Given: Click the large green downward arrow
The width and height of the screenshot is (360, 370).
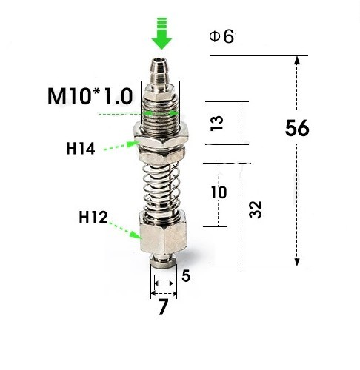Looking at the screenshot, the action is [161, 33].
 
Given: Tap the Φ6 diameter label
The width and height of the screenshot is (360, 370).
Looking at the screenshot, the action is [221, 37].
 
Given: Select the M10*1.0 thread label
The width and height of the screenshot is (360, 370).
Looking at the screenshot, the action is [90, 96].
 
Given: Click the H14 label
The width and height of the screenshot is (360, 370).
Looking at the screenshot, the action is [81, 149].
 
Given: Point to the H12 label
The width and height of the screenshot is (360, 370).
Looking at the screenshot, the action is [93, 217].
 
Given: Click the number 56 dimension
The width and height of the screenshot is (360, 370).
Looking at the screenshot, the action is [297, 128].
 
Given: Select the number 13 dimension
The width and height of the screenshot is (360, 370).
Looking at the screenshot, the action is [216, 123].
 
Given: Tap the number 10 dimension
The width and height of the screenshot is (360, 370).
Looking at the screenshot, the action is [219, 192].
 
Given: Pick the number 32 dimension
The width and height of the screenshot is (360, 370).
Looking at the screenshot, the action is [255, 209].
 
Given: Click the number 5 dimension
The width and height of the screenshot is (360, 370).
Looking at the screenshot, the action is [186, 276].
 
